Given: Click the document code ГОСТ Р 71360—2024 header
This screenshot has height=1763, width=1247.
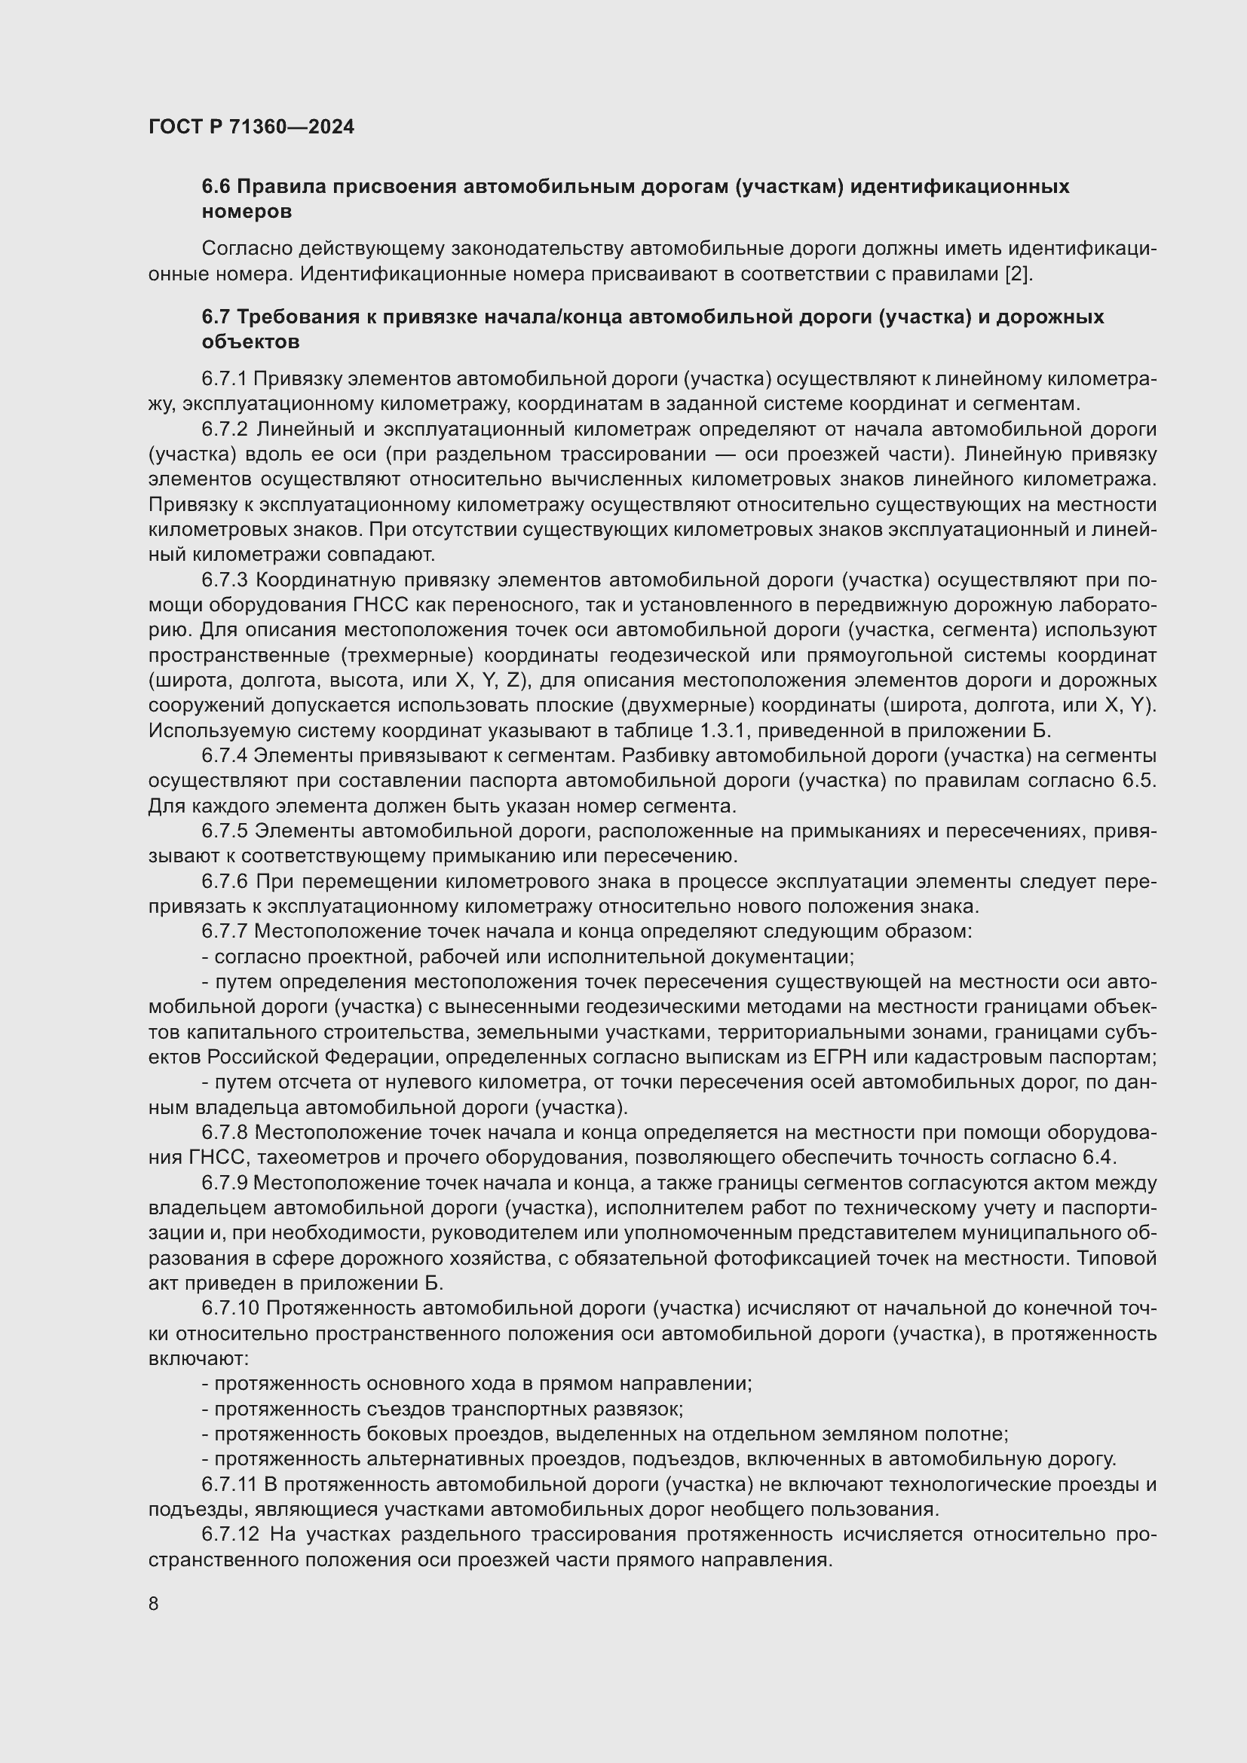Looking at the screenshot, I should tap(251, 127).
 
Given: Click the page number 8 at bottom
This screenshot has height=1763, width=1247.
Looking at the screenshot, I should tap(154, 1603).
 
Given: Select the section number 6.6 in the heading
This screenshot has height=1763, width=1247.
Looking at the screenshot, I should tap(216, 187).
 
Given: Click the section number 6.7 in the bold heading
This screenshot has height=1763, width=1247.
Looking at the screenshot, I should tap(216, 317).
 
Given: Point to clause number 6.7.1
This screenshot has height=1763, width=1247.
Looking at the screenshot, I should tap(224, 378).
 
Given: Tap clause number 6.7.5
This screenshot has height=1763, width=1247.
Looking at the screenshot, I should tap(224, 831).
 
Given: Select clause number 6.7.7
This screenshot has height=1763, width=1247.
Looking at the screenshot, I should tap(224, 932).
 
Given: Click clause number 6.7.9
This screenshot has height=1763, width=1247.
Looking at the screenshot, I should tap(224, 1183).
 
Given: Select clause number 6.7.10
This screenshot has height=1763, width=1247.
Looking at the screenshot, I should tap(230, 1308).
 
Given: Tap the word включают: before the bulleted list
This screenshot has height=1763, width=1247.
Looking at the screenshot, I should tap(198, 1358).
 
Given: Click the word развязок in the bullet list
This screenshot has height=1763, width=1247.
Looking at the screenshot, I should tap(643, 1409).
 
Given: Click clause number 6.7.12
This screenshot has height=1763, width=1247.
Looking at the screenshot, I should tap(230, 1534).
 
